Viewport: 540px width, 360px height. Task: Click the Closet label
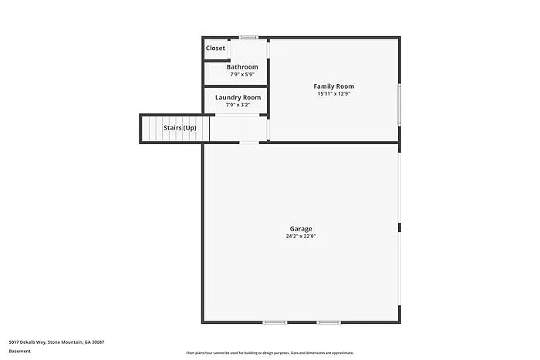215,49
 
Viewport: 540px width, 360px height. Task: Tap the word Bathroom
242,67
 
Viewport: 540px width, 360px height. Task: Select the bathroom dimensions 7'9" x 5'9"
242,75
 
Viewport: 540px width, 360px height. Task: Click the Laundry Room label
238,97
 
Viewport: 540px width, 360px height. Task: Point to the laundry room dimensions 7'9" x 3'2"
238,105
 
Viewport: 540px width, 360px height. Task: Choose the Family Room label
334,86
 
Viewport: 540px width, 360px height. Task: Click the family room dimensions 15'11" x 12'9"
334,93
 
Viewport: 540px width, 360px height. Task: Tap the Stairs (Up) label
179,128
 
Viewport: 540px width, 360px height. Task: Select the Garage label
301,229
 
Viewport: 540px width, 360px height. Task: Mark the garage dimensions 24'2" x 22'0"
301,237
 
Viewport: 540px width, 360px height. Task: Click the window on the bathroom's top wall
248,37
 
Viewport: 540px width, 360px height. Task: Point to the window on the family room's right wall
399,104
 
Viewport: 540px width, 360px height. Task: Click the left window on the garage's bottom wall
275,322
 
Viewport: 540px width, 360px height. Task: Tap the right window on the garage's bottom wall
329,322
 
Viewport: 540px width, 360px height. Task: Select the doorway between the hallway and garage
249,143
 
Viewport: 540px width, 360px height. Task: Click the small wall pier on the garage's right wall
399,227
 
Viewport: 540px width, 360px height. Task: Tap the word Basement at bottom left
20,352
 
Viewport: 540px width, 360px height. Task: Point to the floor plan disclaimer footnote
270,352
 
